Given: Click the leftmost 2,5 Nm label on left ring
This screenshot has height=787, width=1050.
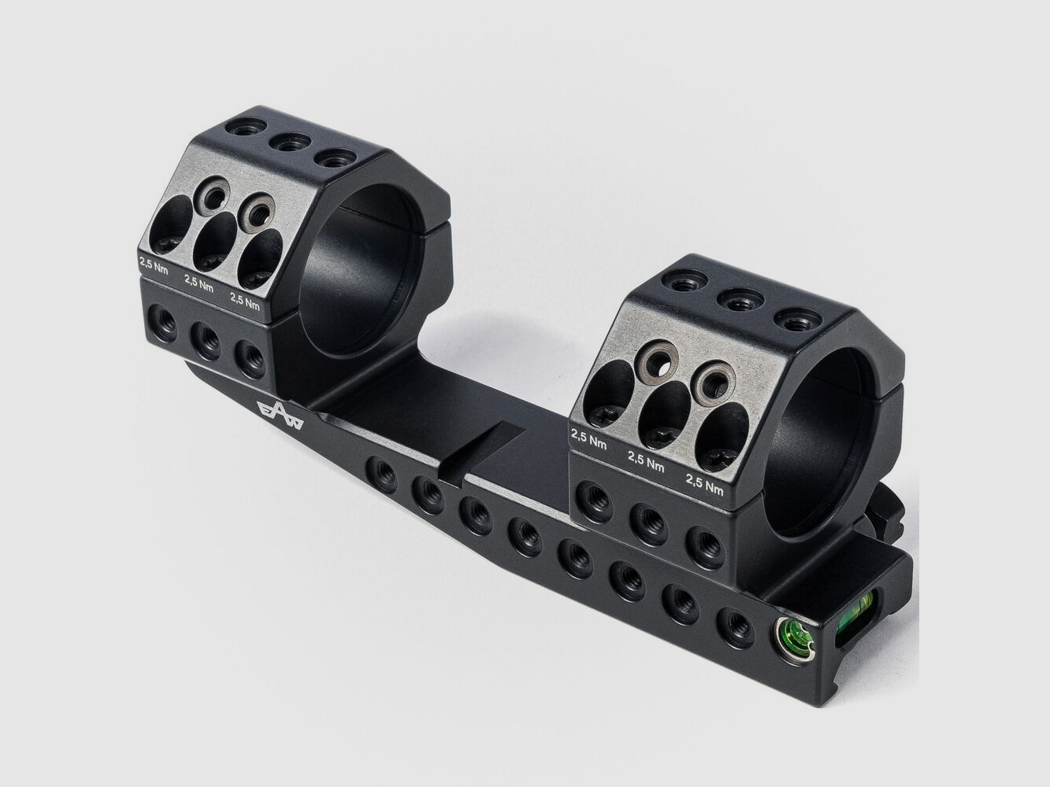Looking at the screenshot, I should point(154,264).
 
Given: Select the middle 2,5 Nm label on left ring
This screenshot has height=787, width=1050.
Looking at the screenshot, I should point(198,283).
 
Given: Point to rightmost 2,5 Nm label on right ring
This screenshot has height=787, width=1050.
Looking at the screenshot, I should point(704,483).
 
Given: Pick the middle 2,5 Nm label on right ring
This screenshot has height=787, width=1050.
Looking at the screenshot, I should point(646,461).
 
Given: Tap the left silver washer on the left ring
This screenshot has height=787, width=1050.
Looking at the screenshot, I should point(210,195).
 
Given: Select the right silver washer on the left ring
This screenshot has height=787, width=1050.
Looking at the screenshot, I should point(257,210).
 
